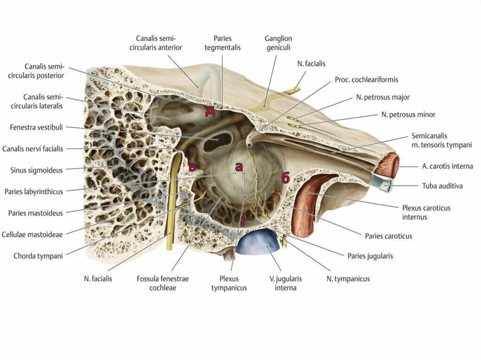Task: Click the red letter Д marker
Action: click(x=210, y=111)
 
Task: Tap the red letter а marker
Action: click(x=239, y=166)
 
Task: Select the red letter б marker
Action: click(x=285, y=178)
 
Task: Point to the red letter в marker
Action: click(x=192, y=167)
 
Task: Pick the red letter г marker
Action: click(x=243, y=221)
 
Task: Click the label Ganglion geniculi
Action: click(x=278, y=43)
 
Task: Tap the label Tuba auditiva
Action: click(x=442, y=186)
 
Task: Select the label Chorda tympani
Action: click(x=38, y=256)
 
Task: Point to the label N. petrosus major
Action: click(x=383, y=97)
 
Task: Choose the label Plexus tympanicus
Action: click(x=229, y=283)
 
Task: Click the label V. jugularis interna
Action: click(x=286, y=283)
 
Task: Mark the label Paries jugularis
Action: click(x=370, y=256)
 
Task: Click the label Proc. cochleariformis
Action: click(x=366, y=79)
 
